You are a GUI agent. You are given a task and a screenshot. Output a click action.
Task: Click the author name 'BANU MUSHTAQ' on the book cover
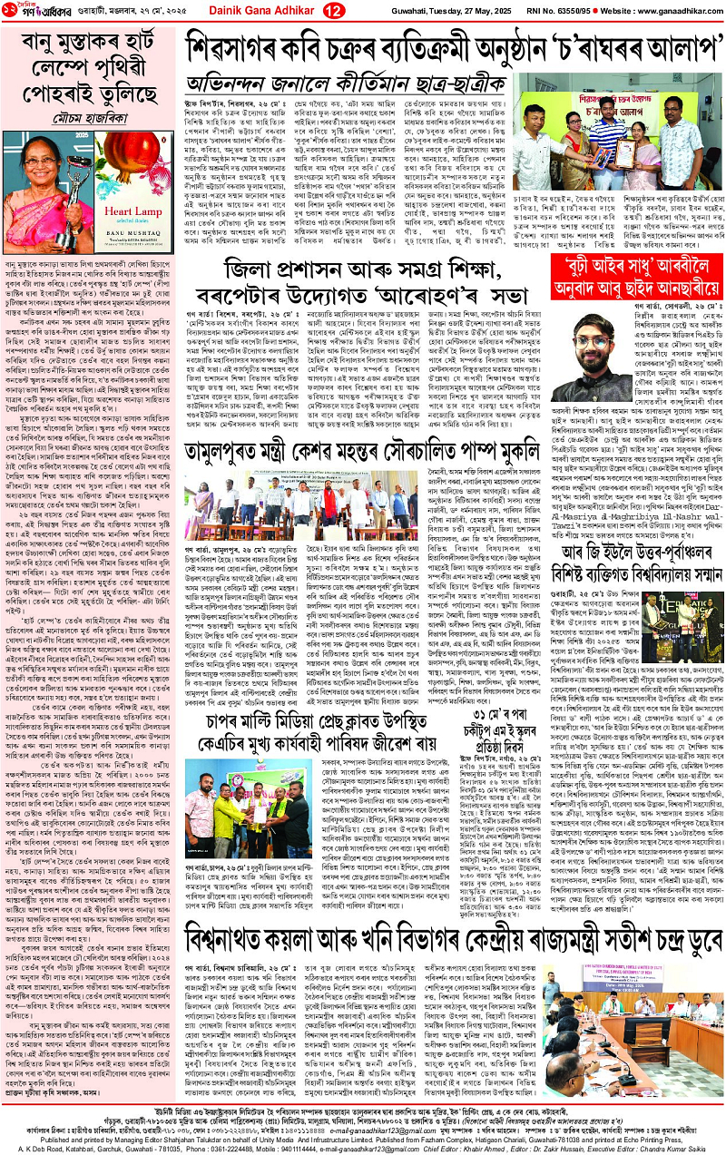pos(132,264)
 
